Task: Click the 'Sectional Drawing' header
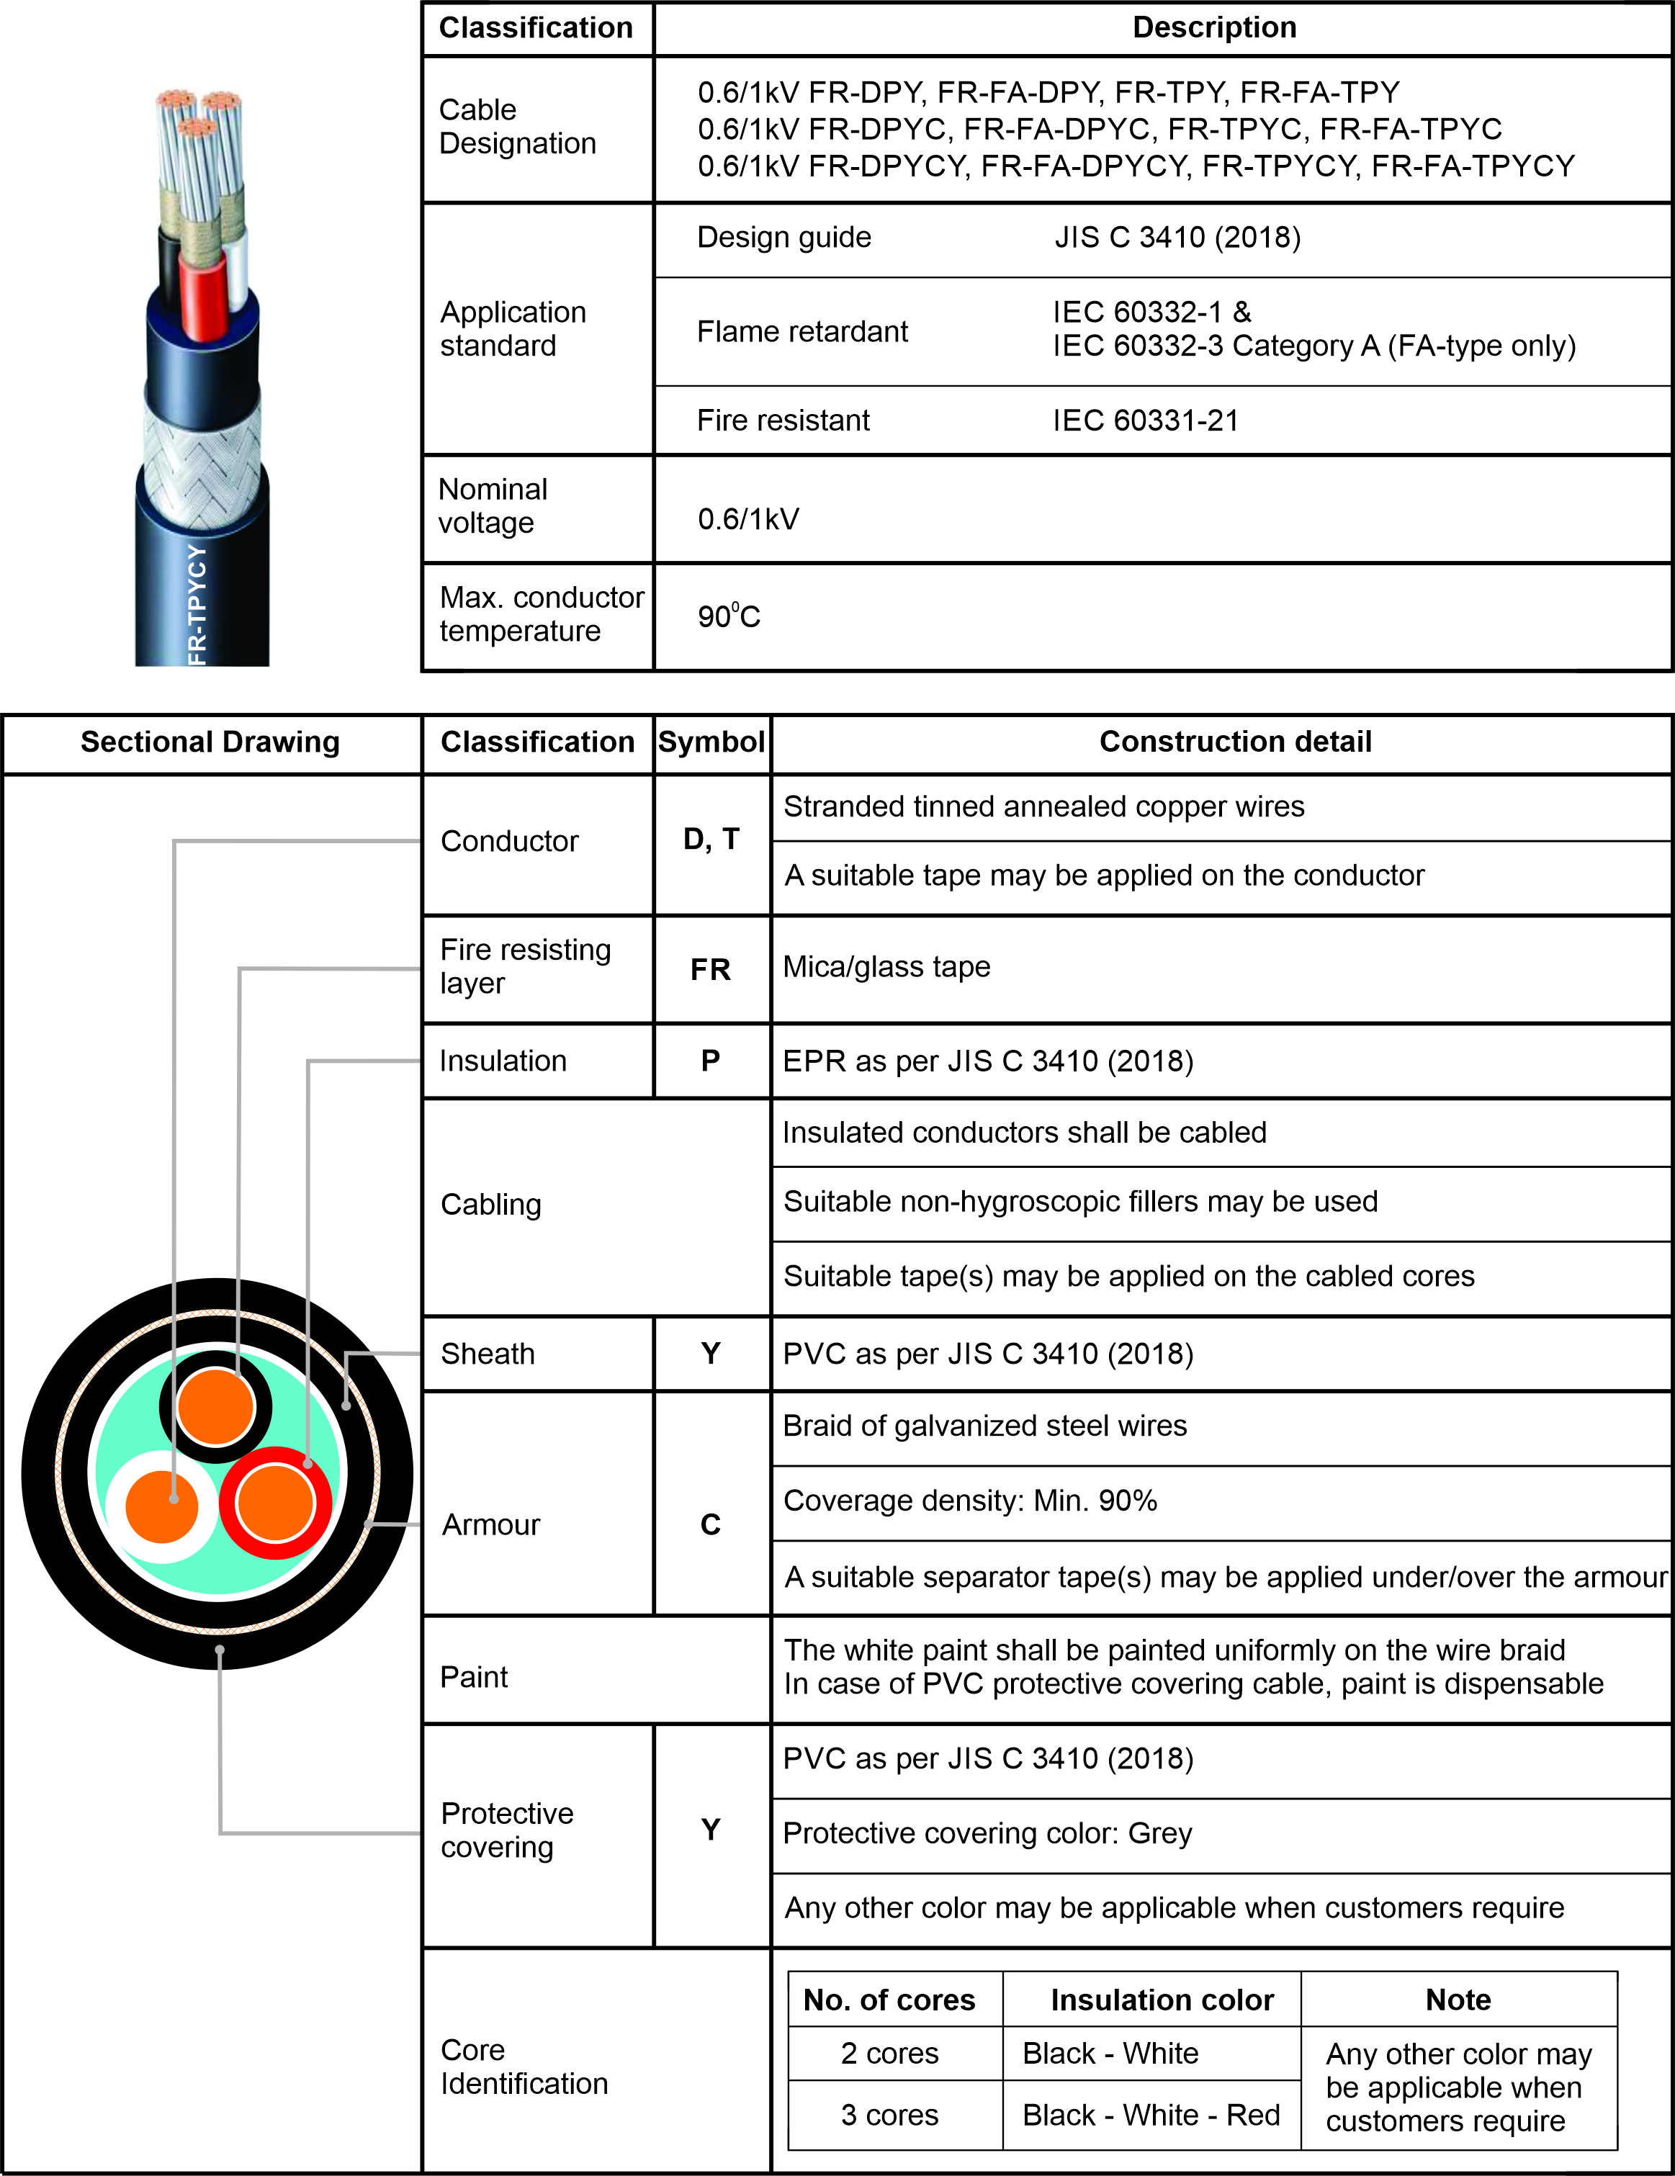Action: pos(210,742)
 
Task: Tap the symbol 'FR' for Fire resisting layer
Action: pos(711,969)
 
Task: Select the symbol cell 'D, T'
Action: pos(711,839)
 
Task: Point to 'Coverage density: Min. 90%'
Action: pos(969,1501)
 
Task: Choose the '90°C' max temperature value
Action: pos(728,617)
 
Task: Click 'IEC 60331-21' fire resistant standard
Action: pos(1146,421)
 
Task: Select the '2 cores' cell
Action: pos(890,2054)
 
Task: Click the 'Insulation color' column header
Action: pos(1162,2000)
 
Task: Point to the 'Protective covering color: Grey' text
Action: pos(987,1833)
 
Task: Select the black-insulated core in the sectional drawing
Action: pos(215,1407)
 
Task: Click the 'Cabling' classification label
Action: pos(491,1205)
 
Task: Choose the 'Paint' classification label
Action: pos(475,1677)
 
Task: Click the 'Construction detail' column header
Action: pos(1236,742)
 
